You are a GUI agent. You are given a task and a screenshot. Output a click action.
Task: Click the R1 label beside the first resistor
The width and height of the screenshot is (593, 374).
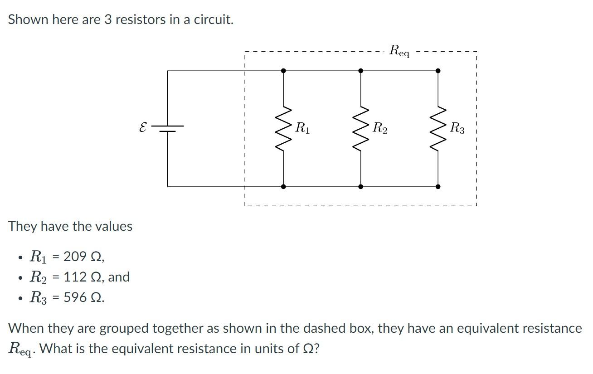[302, 128]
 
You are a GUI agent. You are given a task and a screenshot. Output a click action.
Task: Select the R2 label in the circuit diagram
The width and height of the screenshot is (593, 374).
[380, 128]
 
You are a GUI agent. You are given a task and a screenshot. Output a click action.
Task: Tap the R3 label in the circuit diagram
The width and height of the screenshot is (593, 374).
[457, 128]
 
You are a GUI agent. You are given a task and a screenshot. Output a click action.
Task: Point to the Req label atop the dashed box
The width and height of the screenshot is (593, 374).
[399, 51]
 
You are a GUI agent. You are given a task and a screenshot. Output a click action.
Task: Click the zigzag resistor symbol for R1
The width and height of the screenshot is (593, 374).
[283, 129]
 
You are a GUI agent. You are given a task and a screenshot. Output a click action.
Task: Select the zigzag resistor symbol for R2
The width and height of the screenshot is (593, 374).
[360, 129]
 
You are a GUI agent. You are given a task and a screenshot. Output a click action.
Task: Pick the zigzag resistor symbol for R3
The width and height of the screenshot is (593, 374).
[437, 129]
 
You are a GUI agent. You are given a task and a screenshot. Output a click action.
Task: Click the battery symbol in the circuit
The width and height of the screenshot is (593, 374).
[168, 128]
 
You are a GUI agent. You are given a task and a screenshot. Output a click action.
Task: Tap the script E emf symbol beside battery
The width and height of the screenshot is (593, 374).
[143, 128]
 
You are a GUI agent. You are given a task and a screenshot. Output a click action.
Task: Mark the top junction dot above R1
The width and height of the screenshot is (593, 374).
[283, 71]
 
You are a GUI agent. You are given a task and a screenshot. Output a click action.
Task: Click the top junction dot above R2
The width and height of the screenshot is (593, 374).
[360, 71]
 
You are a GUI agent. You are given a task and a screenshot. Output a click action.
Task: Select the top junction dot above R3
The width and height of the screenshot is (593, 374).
[437, 71]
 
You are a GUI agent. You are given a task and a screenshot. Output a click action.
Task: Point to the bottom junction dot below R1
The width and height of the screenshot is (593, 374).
[283, 186]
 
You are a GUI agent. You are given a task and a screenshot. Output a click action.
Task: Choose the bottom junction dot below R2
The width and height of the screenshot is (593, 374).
[360, 186]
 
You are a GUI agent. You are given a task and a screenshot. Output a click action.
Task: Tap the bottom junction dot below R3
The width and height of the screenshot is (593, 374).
[437, 186]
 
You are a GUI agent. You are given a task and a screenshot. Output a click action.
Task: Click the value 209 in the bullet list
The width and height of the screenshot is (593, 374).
[75, 257]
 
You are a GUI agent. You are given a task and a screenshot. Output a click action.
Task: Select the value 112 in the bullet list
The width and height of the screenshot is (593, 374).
[75, 277]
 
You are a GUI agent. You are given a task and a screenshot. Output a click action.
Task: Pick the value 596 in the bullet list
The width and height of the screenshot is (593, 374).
[75, 297]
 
